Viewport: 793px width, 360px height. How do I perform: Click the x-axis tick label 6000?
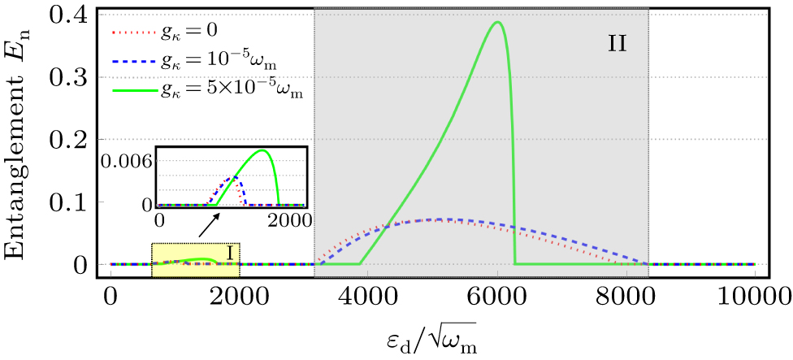pyautogui.click(x=497, y=293)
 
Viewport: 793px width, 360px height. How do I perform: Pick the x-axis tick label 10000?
pyautogui.click(x=755, y=293)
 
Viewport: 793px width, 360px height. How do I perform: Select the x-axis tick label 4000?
pyautogui.click(x=368, y=293)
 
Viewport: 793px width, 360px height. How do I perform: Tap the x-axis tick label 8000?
pyautogui.click(x=626, y=293)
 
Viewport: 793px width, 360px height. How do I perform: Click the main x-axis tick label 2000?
pyautogui.click(x=240, y=293)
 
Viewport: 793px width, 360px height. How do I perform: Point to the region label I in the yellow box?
pyautogui.click(x=230, y=254)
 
